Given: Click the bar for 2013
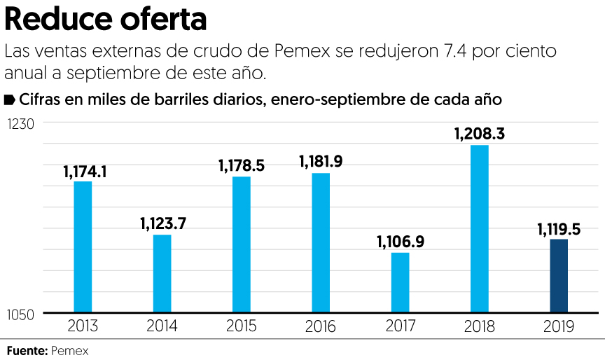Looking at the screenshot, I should tap(83, 247).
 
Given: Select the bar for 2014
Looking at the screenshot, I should tap(162, 273).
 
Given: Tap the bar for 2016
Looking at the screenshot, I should tap(321, 242).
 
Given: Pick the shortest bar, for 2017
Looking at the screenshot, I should tap(400, 282).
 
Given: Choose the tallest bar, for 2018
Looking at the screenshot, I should tap(480, 228).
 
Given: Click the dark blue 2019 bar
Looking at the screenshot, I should tap(558, 276).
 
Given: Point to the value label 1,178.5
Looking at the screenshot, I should tap(241, 165).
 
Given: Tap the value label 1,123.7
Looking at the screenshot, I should tap(162, 224).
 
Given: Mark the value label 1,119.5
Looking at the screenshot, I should tap(559, 228).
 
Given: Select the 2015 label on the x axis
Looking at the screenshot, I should tap(242, 326).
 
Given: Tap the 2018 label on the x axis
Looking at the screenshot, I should tap(480, 326).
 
